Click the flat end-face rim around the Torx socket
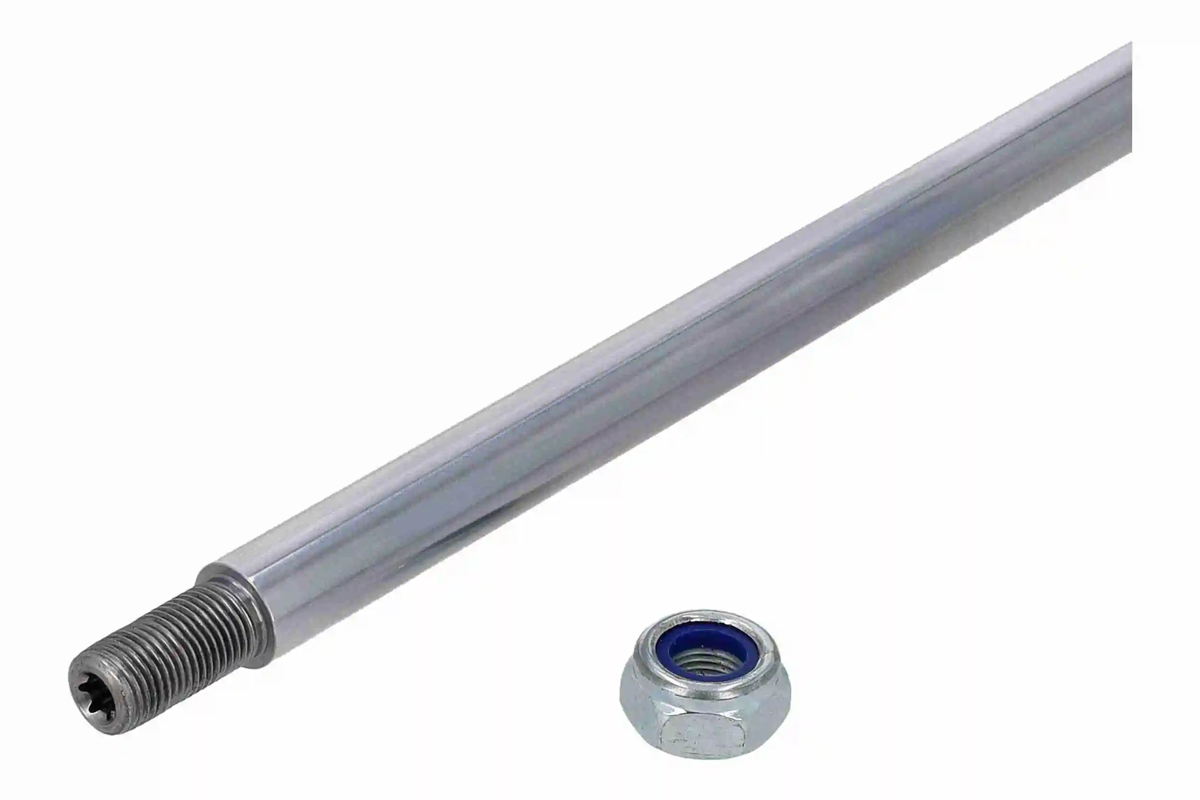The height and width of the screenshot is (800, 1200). click(82, 679)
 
